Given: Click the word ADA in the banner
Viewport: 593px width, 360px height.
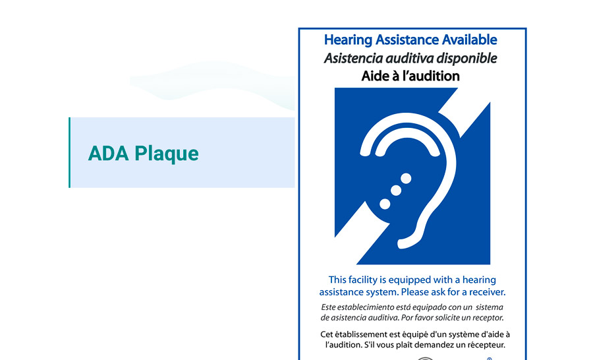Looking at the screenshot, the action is tap(109, 154).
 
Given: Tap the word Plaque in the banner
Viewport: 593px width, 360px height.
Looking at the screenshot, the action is tap(167, 154).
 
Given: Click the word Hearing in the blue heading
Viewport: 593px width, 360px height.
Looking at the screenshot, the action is tap(349, 40).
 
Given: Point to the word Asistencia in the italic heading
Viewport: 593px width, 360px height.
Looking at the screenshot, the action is tap(353, 58).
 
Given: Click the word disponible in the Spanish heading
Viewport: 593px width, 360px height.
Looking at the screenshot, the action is tap(466, 58).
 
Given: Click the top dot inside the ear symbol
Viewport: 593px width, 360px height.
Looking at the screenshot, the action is tap(406, 178).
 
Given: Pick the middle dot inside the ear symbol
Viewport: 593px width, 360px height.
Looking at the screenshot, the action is tap(396, 191).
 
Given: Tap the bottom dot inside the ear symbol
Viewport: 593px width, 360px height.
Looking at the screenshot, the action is tap(385, 204).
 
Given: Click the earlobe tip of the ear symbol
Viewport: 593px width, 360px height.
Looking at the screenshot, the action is tap(399, 245).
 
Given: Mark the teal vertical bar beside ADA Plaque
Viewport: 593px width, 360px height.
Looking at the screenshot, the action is tap(70, 152).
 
